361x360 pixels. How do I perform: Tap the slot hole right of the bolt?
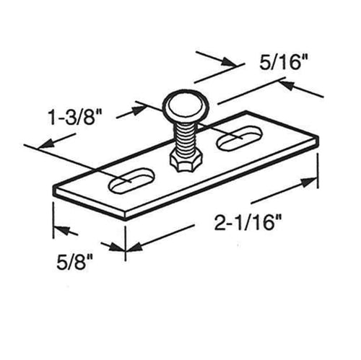coord(237,139)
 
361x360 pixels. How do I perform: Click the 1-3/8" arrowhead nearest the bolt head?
coord(137,110)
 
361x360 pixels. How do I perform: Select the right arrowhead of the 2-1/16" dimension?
coord(311,180)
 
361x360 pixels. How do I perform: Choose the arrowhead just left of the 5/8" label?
coord(61,231)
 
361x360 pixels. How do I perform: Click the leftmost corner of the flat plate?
coord(53,189)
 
